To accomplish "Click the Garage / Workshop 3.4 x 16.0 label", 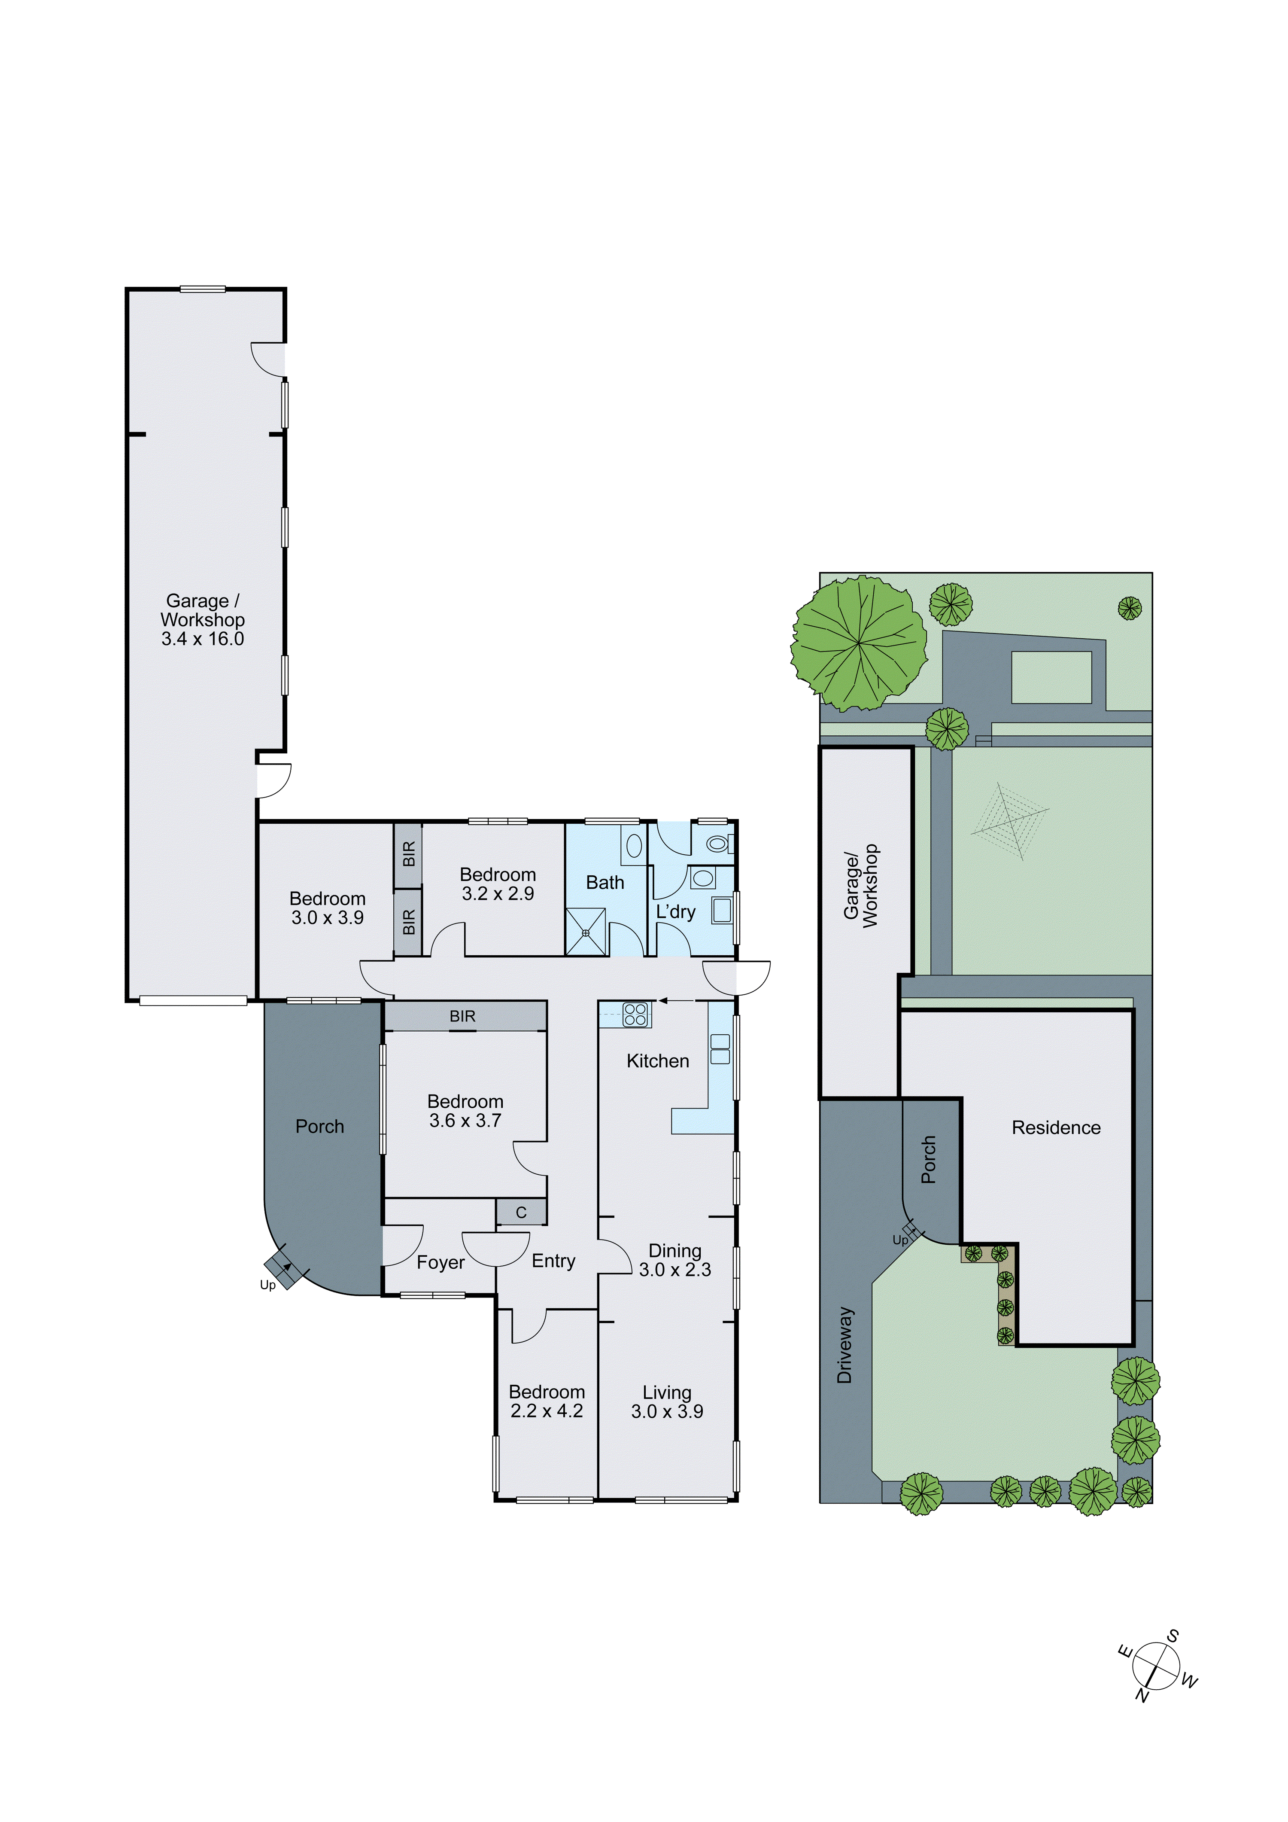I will pos(202,620).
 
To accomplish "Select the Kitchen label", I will pos(657,1061).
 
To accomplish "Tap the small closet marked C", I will pos(521,1213).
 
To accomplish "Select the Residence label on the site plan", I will pos(1056,1127).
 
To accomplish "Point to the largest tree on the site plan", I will pos(860,643).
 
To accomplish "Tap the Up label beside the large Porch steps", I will pos(267,1285).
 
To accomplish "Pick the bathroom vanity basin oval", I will pos(634,846).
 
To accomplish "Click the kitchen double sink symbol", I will pos(719,1049).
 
